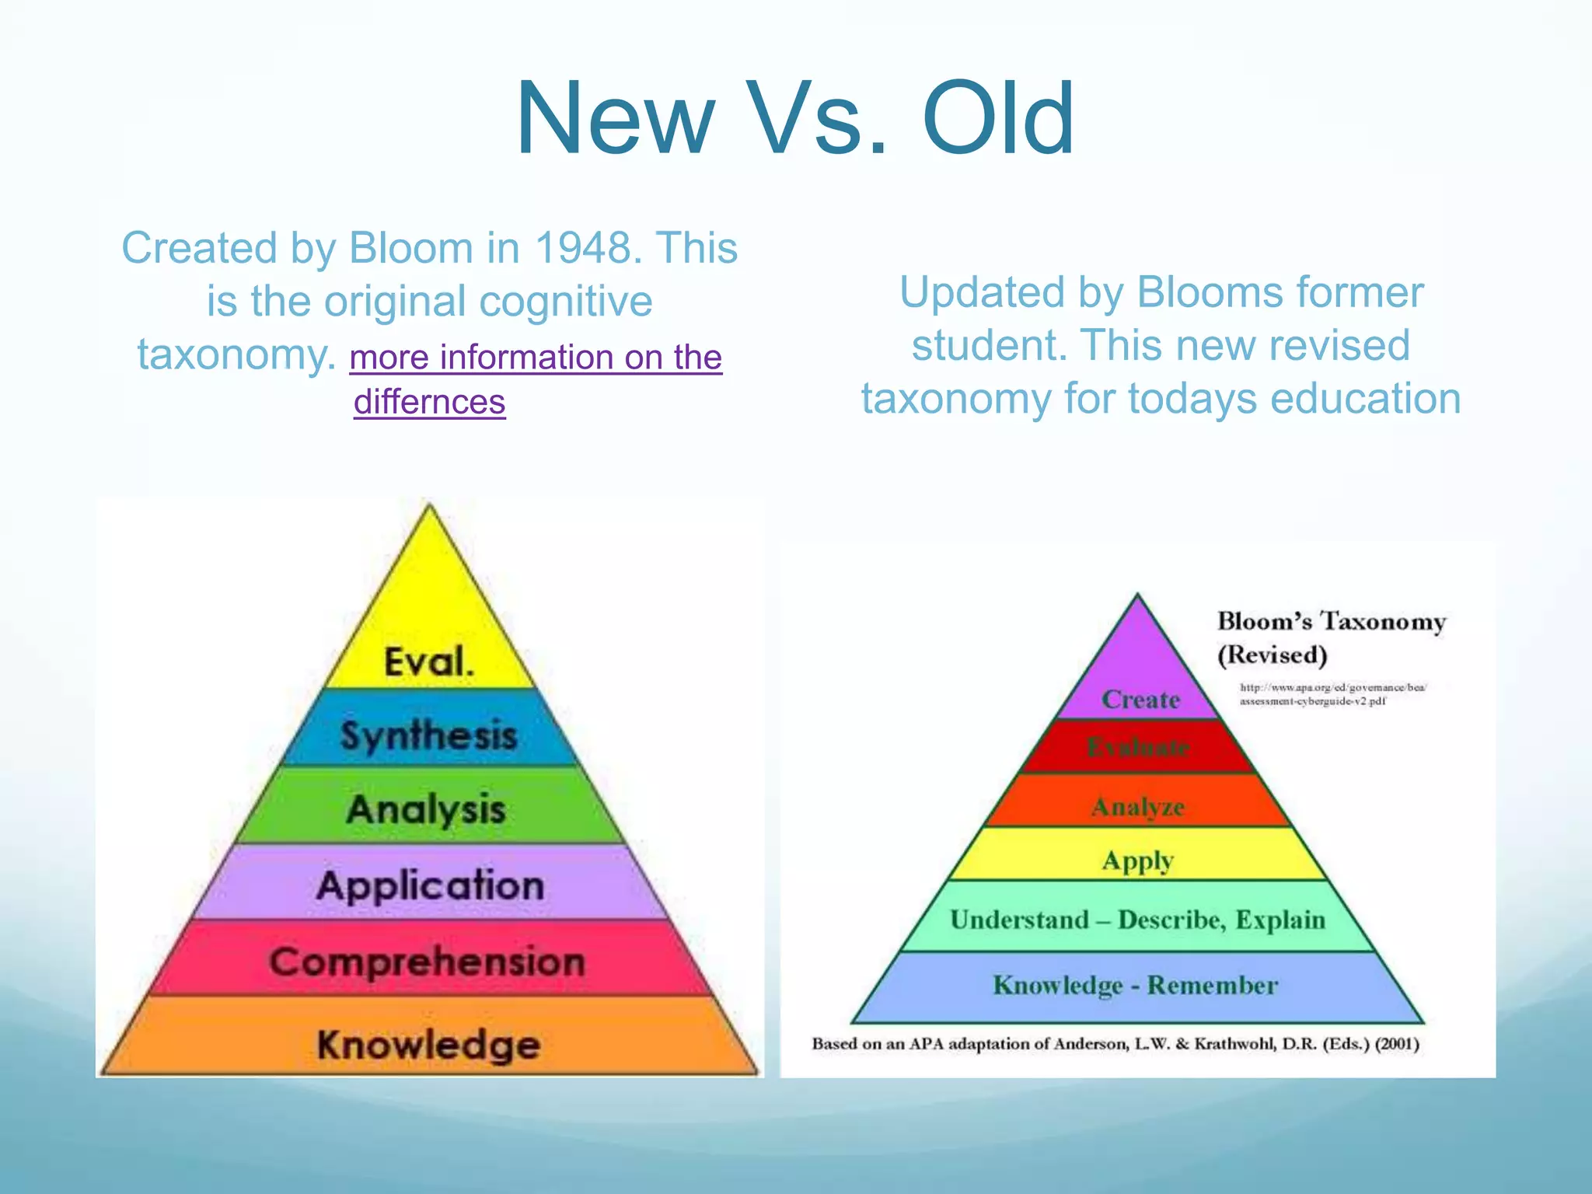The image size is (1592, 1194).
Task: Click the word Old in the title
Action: pos(998,118)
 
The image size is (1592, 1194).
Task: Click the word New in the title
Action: pos(614,118)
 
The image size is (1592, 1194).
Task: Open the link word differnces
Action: pos(429,403)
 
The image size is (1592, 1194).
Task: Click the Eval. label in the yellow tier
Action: pos(428,662)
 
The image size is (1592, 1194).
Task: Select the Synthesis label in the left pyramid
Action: pos(428,735)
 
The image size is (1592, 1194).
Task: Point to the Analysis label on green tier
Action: pos(426,809)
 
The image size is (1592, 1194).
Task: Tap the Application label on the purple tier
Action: pos(430,885)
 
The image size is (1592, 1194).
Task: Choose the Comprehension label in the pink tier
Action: pos(428,962)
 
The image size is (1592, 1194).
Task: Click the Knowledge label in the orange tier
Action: pos(428,1044)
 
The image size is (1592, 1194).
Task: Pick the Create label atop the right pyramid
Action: pos(1140,700)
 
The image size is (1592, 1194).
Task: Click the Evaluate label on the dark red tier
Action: pos(1138,748)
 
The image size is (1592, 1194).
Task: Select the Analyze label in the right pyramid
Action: pos(1138,807)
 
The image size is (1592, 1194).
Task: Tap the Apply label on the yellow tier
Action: pos(1138,861)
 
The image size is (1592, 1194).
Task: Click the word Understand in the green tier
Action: pos(1019,920)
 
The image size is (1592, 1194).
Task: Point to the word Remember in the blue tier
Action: pos(1213,986)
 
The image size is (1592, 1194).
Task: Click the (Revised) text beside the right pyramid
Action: pos(1273,655)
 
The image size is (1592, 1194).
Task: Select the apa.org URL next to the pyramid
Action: pos(1332,694)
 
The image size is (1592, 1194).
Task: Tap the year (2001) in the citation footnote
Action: pos(1397,1044)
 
